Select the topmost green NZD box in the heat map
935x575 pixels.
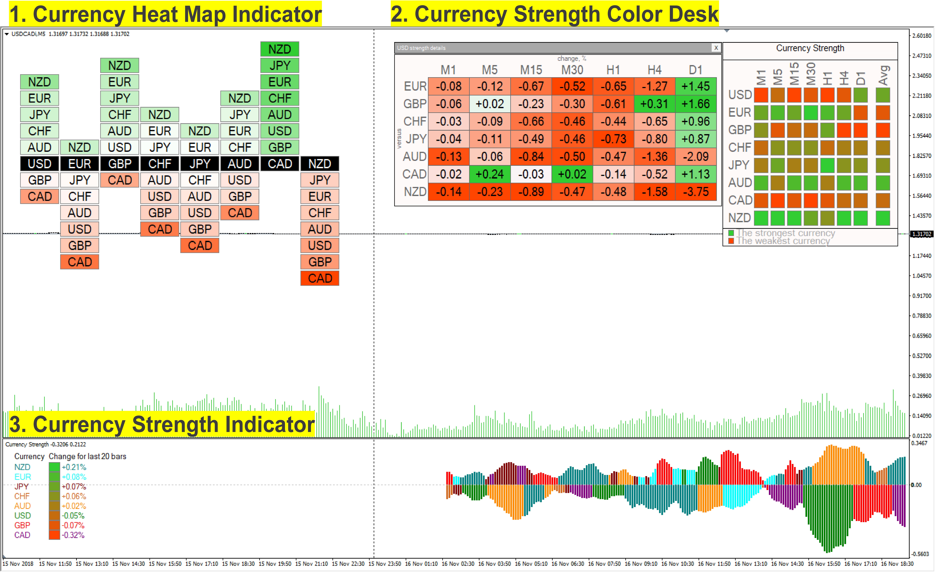280,49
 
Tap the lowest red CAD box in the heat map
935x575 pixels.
320,278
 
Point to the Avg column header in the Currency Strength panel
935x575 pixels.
883,75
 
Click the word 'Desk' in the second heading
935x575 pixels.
693,14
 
